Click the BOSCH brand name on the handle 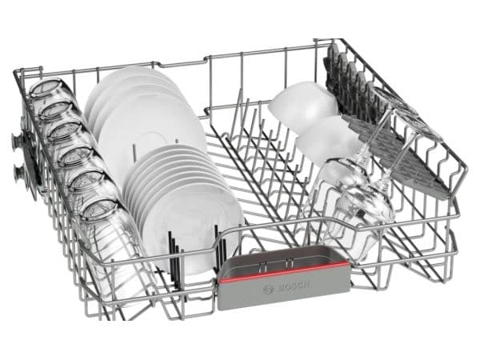click(294, 286)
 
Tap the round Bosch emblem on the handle click(270, 290)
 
